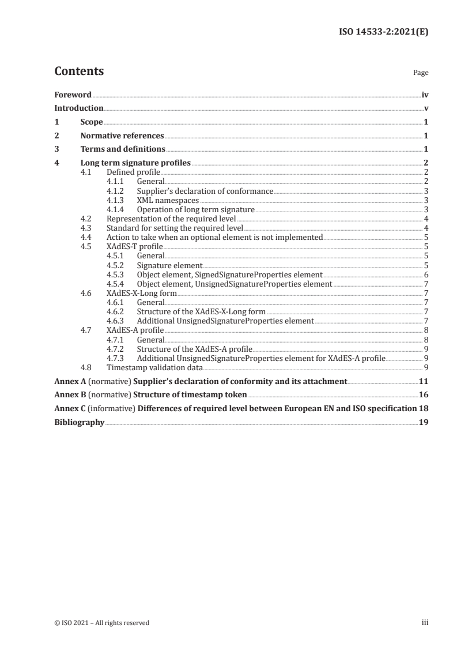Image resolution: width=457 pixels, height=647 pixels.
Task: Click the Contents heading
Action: (x=79, y=72)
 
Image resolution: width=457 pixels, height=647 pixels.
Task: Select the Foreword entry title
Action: (x=73, y=95)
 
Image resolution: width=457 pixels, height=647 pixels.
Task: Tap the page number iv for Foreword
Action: (x=425, y=95)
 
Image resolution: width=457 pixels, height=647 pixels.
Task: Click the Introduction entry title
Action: (x=79, y=108)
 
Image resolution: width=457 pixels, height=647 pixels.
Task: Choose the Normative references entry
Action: (x=122, y=136)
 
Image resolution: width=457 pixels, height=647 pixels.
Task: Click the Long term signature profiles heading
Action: (x=135, y=164)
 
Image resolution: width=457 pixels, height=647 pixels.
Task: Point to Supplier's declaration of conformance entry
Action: (x=205, y=191)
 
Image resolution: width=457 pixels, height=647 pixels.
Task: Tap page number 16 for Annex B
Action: (x=423, y=396)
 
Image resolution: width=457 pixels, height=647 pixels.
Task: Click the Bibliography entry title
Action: (x=79, y=423)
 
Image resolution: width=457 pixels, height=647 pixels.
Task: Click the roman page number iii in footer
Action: (x=425, y=623)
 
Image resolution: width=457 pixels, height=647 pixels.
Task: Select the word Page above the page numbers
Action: (x=421, y=73)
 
